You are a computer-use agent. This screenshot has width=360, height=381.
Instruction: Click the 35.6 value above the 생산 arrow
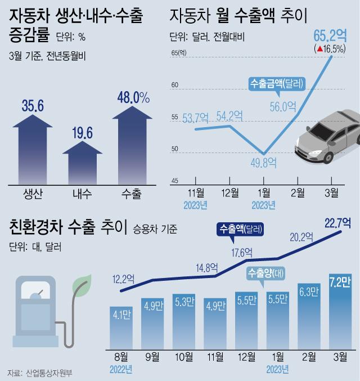(32, 105)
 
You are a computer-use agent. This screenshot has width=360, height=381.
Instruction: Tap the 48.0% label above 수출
(133, 98)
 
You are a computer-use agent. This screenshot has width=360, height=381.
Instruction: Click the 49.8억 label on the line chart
(262, 164)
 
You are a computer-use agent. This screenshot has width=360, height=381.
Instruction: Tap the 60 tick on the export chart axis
(174, 85)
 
